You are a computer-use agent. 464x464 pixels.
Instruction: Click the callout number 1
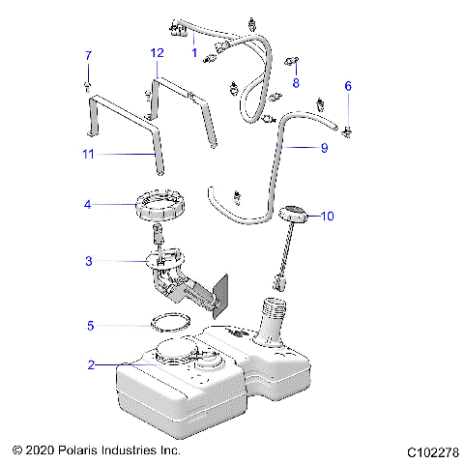194,52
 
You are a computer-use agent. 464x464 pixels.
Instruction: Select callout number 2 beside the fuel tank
91,365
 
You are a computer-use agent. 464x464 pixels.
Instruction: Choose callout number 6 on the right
348,86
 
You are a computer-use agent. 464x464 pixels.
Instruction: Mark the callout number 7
88,55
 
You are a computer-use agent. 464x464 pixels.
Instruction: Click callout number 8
296,83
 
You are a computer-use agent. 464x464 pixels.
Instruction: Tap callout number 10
328,217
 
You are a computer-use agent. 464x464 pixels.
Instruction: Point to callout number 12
157,53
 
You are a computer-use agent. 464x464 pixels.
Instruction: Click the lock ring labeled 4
159,205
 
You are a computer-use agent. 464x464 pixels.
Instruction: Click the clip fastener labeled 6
347,127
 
